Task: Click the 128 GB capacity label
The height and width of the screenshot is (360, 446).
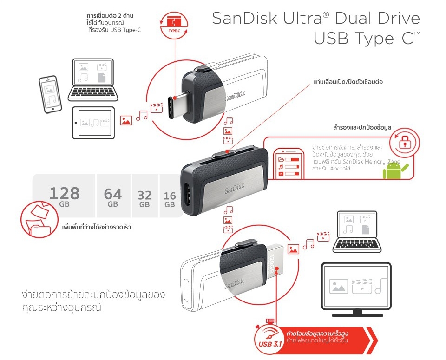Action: coord(65,196)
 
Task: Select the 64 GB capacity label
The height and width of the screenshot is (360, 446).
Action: coord(113,197)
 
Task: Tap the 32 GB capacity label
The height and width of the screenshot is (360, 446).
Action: coord(144,199)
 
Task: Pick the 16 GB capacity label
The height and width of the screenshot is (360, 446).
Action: coord(170,200)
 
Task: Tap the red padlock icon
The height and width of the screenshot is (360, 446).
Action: coord(404,142)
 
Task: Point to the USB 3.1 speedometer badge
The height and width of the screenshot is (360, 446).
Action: coord(269,338)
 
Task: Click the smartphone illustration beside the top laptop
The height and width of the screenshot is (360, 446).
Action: coord(50,94)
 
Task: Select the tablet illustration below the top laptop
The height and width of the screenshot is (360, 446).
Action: coord(93,123)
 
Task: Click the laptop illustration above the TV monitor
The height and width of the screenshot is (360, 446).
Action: coord(357,232)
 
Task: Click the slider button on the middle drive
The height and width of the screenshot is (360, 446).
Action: coord(224,154)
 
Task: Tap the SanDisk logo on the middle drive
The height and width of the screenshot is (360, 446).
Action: coord(234,188)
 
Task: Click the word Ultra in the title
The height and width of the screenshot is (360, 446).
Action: coord(302,18)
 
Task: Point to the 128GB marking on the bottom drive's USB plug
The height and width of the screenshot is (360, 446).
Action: coord(271,263)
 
